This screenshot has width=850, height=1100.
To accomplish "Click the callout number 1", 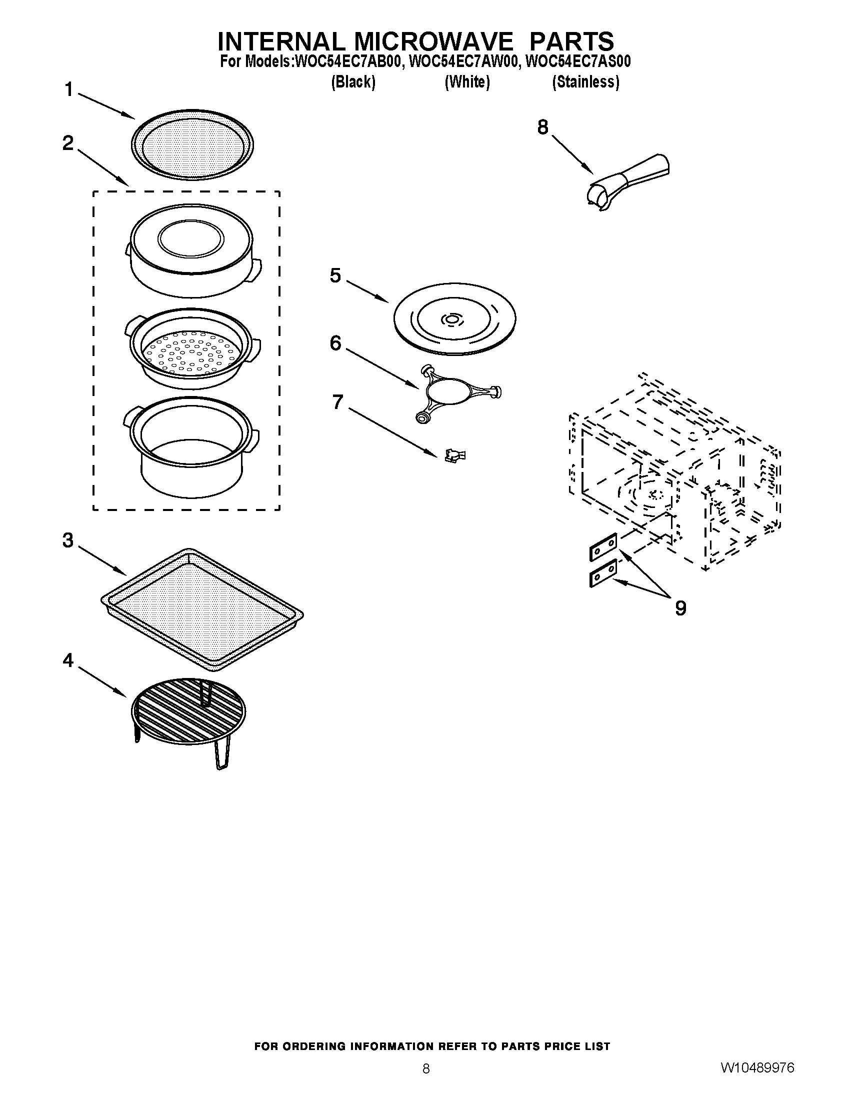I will point(68,90).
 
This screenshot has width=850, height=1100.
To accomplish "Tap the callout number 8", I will point(542,127).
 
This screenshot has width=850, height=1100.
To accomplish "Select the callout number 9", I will point(680,608).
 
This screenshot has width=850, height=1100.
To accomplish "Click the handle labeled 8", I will point(629,180).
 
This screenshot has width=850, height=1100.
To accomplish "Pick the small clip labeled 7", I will point(454,456).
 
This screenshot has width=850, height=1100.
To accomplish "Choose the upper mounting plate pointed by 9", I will point(603,547).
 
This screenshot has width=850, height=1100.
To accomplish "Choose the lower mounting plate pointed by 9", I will point(603,572).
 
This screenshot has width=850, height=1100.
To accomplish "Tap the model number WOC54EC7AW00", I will point(463,62).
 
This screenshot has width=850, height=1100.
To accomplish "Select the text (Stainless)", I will point(585,82).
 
